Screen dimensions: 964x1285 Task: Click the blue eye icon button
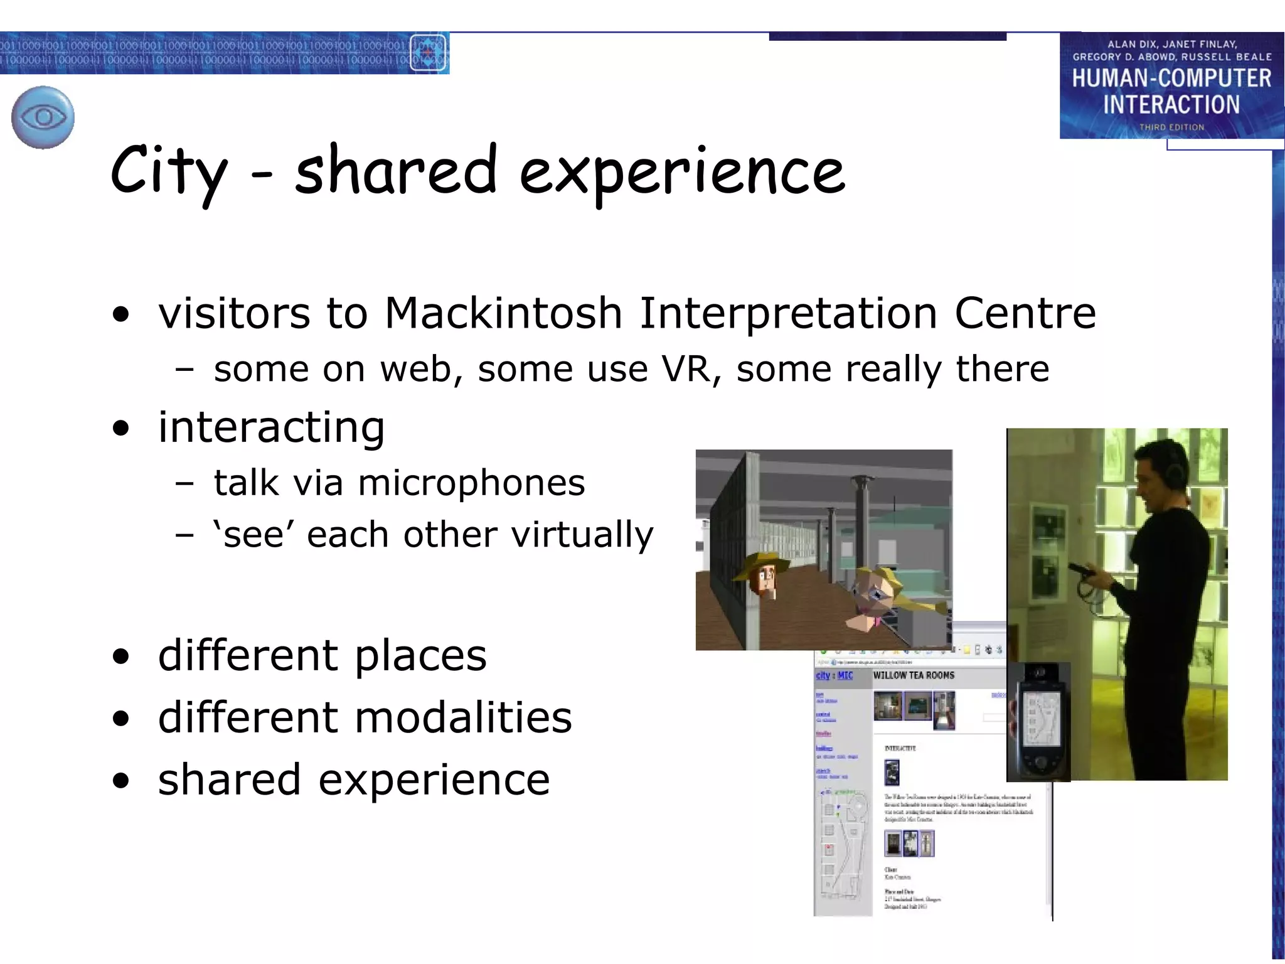coord(43,117)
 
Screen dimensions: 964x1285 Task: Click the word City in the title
coord(168,171)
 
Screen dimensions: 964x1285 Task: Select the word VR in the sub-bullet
coord(686,368)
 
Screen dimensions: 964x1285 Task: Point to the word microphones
coord(471,483)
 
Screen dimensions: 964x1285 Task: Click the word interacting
coord(271,427)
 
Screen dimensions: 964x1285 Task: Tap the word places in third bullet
coord(420,655)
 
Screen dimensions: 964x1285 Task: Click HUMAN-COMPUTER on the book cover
coord(1171,78)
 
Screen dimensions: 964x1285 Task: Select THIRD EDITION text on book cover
coord(1171,127)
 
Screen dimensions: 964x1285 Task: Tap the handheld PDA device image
coord(1039,722)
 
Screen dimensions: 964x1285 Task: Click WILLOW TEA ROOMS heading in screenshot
coord(914,675)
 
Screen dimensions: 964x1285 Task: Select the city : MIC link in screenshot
coord(834,675)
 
